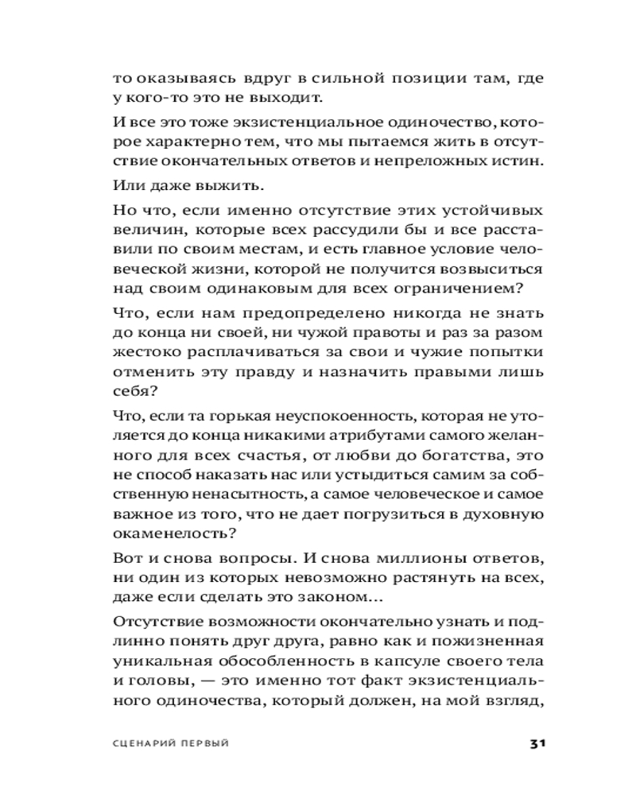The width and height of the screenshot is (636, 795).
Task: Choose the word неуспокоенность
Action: click(343, 416)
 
